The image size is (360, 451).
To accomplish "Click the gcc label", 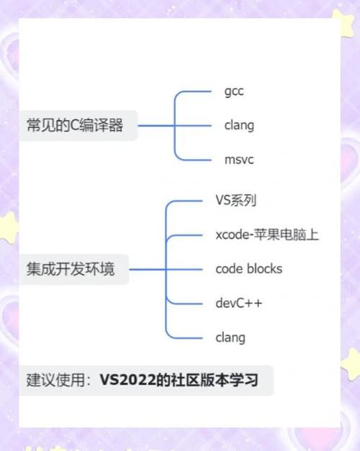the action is coord(234,91).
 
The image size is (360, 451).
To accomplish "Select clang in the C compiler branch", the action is coord(239,125).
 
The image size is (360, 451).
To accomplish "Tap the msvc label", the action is coord(239,160).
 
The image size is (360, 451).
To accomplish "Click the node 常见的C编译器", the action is coord(75,125).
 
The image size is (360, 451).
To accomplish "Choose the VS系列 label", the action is coord(235,201).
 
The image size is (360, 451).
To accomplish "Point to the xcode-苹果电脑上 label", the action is coord(267,234).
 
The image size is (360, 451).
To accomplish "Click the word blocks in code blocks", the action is coord(265,268).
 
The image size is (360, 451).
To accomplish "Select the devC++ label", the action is coord(239,303).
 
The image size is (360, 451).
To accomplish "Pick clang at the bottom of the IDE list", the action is coord(230,337).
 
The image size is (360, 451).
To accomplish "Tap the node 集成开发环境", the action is coord(71,269).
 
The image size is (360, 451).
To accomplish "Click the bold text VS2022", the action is coord(127,380).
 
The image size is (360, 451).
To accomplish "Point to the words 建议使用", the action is coord(55,380).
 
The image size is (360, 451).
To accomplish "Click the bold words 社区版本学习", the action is coord(215,380).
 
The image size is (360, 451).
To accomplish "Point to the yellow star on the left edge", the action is coord(9,227).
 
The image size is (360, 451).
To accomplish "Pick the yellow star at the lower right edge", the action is coord(351,363).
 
